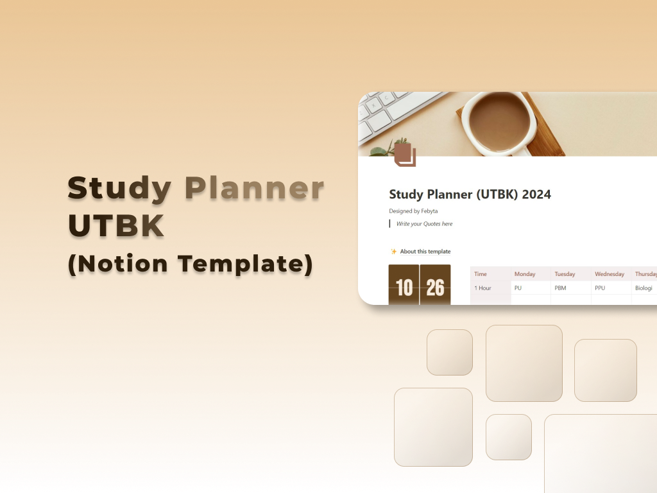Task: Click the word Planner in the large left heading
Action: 254,189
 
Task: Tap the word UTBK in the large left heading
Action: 115,226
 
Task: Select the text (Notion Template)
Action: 190,264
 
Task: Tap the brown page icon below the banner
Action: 404,155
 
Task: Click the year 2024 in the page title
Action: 536,195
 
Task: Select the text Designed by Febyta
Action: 413,211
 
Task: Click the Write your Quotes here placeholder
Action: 424,224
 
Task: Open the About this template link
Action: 425,252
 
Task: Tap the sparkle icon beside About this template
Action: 394,252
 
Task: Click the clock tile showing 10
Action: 404,286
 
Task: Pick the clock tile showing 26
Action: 435,286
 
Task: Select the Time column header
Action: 481,274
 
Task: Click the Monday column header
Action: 525,274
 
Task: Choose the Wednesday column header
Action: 610,274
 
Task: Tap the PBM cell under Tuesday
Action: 560,288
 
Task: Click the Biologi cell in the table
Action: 644,288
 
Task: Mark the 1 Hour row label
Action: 482,288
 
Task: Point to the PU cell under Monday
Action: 518,288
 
